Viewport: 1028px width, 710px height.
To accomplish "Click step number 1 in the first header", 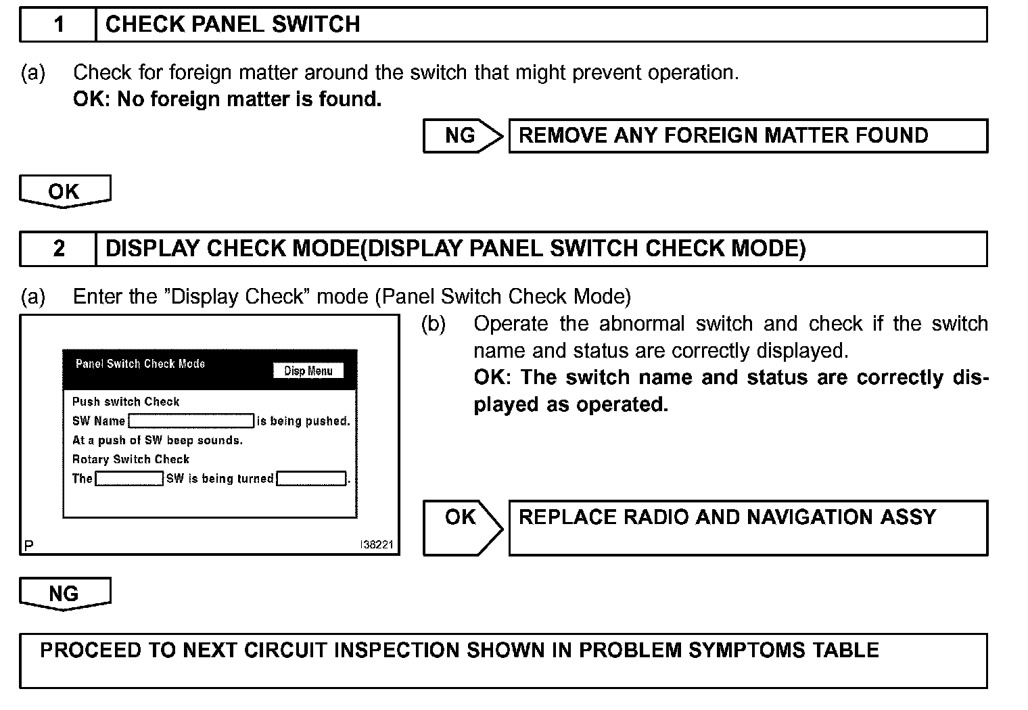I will pos(59,25).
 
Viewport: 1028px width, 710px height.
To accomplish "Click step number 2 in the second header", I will pos(59,249).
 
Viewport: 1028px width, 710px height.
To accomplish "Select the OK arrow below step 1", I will pos(64,191).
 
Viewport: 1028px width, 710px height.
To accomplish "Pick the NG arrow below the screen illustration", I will pos(64,594).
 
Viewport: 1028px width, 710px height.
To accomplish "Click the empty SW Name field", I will pos(191,421).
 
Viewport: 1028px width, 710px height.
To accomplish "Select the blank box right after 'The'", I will pos(129,479).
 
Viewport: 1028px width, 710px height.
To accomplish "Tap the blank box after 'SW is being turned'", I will pos(311,479).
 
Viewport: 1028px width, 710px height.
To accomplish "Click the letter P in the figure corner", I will pos(28,545).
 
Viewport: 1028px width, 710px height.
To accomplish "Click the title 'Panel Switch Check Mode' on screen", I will pos(140,364).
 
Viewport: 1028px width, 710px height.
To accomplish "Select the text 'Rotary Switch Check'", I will pos(131,460).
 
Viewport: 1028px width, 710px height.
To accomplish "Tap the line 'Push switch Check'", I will pos(126,402).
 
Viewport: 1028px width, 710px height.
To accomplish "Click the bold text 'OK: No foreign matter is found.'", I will pos(227,99).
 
